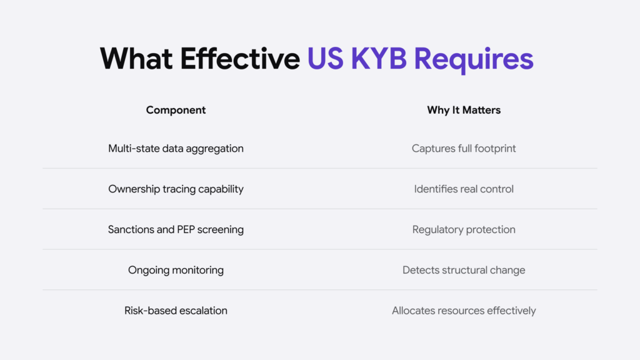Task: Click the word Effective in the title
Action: click(240, 59)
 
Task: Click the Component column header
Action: click(176, 110)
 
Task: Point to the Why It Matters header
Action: click(464, 110)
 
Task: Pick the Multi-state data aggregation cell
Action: click(176, 148)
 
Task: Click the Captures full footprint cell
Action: click(464, 148)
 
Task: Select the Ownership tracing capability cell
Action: click(176, 189)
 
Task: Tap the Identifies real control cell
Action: click(464, 189)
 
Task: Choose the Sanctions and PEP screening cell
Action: click(176, 229)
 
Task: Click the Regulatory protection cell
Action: click(464, 229)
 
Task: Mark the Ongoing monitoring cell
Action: click(176, 270)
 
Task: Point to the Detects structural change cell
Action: click(464, 270)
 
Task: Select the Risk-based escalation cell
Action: click(176, 310)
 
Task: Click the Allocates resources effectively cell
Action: click(464, 310)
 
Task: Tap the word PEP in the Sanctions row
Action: click(188, 229)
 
